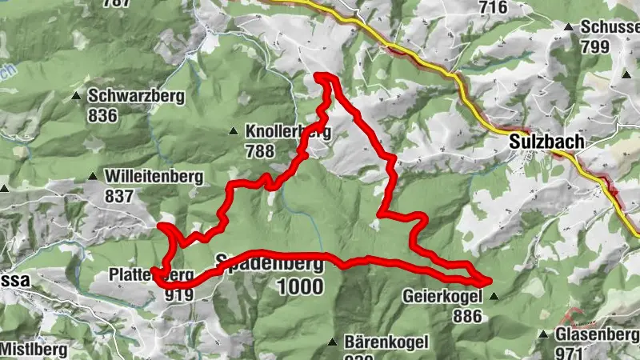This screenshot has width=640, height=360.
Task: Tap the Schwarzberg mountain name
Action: click(136, 96)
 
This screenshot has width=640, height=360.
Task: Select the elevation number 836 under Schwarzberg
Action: click(103, 115)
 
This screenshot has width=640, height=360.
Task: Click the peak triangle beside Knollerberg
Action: click(233, 131)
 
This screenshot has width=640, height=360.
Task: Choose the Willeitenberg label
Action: click(153, 177)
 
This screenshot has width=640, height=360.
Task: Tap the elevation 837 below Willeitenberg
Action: click(118, 196)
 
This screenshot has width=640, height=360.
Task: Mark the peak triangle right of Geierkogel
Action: click(493, 296)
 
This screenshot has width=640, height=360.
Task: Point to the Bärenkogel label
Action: click(386, 342)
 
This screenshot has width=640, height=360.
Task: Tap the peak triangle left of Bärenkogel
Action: click(332, 342)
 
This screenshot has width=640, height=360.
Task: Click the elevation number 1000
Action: click(301, 286)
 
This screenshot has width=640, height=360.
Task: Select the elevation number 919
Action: click(178, 294)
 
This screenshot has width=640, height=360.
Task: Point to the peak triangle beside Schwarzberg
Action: click(76, 97)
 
